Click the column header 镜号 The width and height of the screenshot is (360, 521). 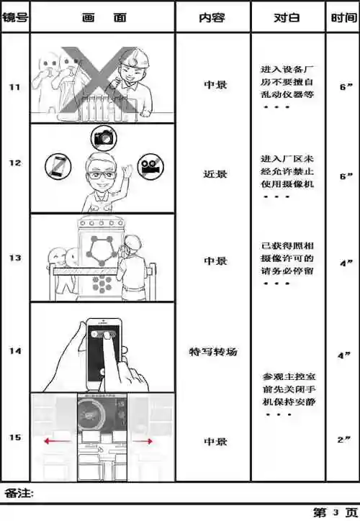(x=14, y=17)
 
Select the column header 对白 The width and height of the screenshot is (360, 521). (x=287, y=17)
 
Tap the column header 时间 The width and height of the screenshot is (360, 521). (x=342, y=17)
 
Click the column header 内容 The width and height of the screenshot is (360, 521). (x=212, y=17)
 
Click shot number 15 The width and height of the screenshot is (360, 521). (x=14, y=437)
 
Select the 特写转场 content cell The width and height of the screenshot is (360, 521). (x=213, y=352)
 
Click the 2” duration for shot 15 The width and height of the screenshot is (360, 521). (x=343, y=438)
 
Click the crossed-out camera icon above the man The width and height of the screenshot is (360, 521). (x=102, y=137)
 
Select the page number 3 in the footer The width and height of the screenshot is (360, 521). (x=336, y=512)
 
